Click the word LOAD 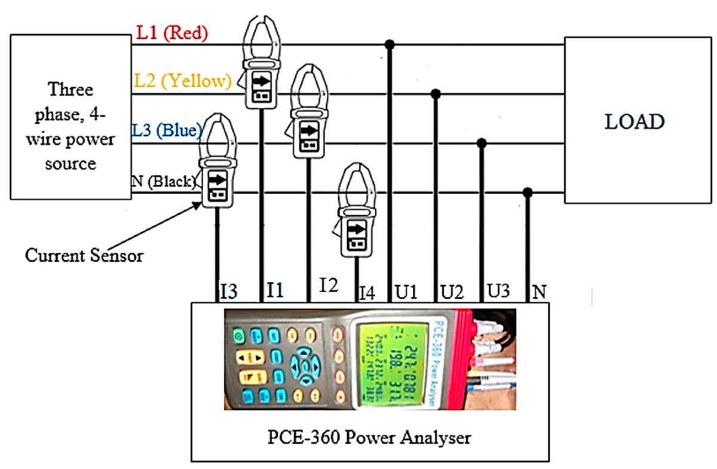(x=634, y=122)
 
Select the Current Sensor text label (x=84, y=255)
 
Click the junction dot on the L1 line (x=390, y=44)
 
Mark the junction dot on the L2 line (x=436, y=94)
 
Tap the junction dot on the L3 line (x=482, y=143)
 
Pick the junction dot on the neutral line (x=528, y=192)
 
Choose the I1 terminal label (x=275, y=292)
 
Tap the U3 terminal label (x=498, y=292)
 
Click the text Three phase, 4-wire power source (x=71, y=126)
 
